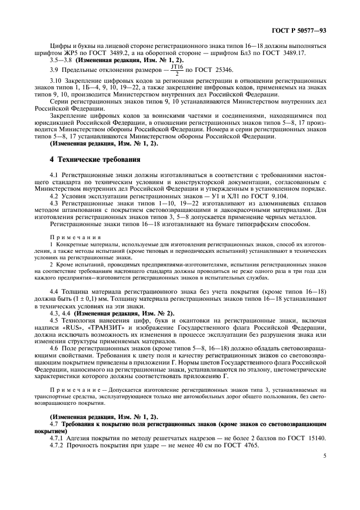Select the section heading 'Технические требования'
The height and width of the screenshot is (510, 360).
pos(100,160)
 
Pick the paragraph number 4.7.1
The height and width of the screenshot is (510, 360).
pos(59,438)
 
